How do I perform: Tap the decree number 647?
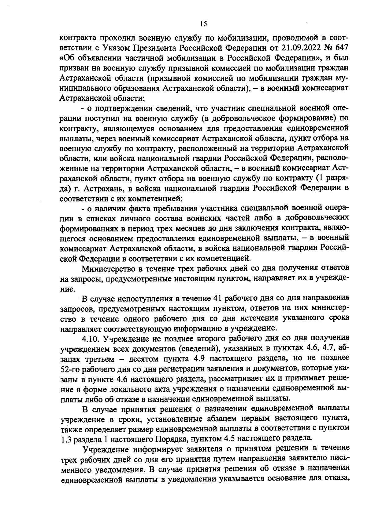point(342,48)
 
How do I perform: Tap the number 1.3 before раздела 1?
point(64,438)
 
